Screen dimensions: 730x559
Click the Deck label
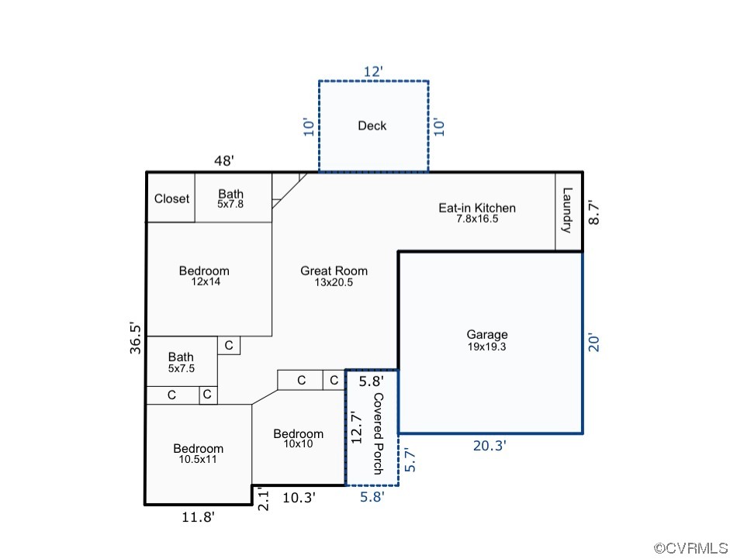[372, 126]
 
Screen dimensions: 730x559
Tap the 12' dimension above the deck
[373, 71]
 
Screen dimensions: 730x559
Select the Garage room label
[487, 334]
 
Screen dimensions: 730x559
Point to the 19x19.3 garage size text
[487, 347]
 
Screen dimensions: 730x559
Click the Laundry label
[567, 210]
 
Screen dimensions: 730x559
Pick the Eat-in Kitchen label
[477, 208]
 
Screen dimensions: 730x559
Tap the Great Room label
[334, 271]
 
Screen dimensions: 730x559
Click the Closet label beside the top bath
[171, 198]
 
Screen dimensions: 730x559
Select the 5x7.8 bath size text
[230, 204]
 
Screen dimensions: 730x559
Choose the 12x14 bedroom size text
[206, 281]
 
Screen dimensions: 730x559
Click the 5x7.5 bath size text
[182, 368]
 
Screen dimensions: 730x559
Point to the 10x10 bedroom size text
[299, 443]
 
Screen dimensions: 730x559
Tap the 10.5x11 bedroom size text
[198, 460]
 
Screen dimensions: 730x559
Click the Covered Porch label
[378, 434]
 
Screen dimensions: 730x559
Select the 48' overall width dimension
[224, 160]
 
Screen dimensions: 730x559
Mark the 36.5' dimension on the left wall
[135, 338]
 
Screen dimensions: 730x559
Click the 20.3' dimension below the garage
[490, 446]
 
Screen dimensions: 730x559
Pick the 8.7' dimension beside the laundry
[594, 213]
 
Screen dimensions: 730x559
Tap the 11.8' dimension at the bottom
[199, 516]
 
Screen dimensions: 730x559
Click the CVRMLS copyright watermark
[691, 548]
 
